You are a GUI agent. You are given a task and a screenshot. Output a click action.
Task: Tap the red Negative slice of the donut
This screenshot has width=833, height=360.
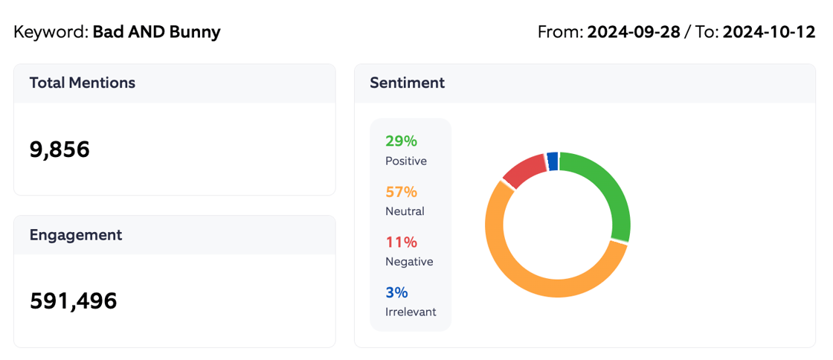pos(523,169)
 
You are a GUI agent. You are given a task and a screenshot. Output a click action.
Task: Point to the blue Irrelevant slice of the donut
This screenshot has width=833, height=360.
pos(552,161)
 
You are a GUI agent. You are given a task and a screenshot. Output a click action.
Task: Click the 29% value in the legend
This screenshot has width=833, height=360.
pos(401,141)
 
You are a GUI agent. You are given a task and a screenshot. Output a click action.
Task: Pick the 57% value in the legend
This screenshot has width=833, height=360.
pos(401,192)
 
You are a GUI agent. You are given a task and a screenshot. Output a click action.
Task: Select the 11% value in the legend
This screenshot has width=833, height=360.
pos(401,242)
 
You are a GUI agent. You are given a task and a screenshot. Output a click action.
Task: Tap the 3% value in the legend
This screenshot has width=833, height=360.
pos(396,293)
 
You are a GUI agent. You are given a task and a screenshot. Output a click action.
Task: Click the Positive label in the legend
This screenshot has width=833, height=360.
pos(406,161)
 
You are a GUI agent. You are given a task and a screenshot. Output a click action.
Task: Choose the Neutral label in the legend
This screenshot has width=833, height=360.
pos(405,211)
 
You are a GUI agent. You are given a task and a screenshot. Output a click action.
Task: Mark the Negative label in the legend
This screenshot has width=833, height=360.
pos(409,262)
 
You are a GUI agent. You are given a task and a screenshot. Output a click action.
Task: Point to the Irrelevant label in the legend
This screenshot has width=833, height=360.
pos(411,312)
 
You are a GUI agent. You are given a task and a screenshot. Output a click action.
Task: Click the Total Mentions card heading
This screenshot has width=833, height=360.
pos(83,83)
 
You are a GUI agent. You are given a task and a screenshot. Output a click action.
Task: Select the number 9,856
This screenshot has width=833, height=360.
pos(59,150)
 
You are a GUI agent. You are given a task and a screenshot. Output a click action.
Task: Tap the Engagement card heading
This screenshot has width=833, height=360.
pos(76,235)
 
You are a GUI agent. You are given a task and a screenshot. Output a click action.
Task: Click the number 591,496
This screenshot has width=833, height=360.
pos(74,300)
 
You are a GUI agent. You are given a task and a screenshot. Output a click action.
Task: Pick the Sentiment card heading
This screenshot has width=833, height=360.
pos(408,83)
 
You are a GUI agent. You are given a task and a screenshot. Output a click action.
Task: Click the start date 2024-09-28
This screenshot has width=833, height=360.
pos(634,33)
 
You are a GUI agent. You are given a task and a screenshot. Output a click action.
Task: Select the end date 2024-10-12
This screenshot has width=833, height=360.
pos(769,33)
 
